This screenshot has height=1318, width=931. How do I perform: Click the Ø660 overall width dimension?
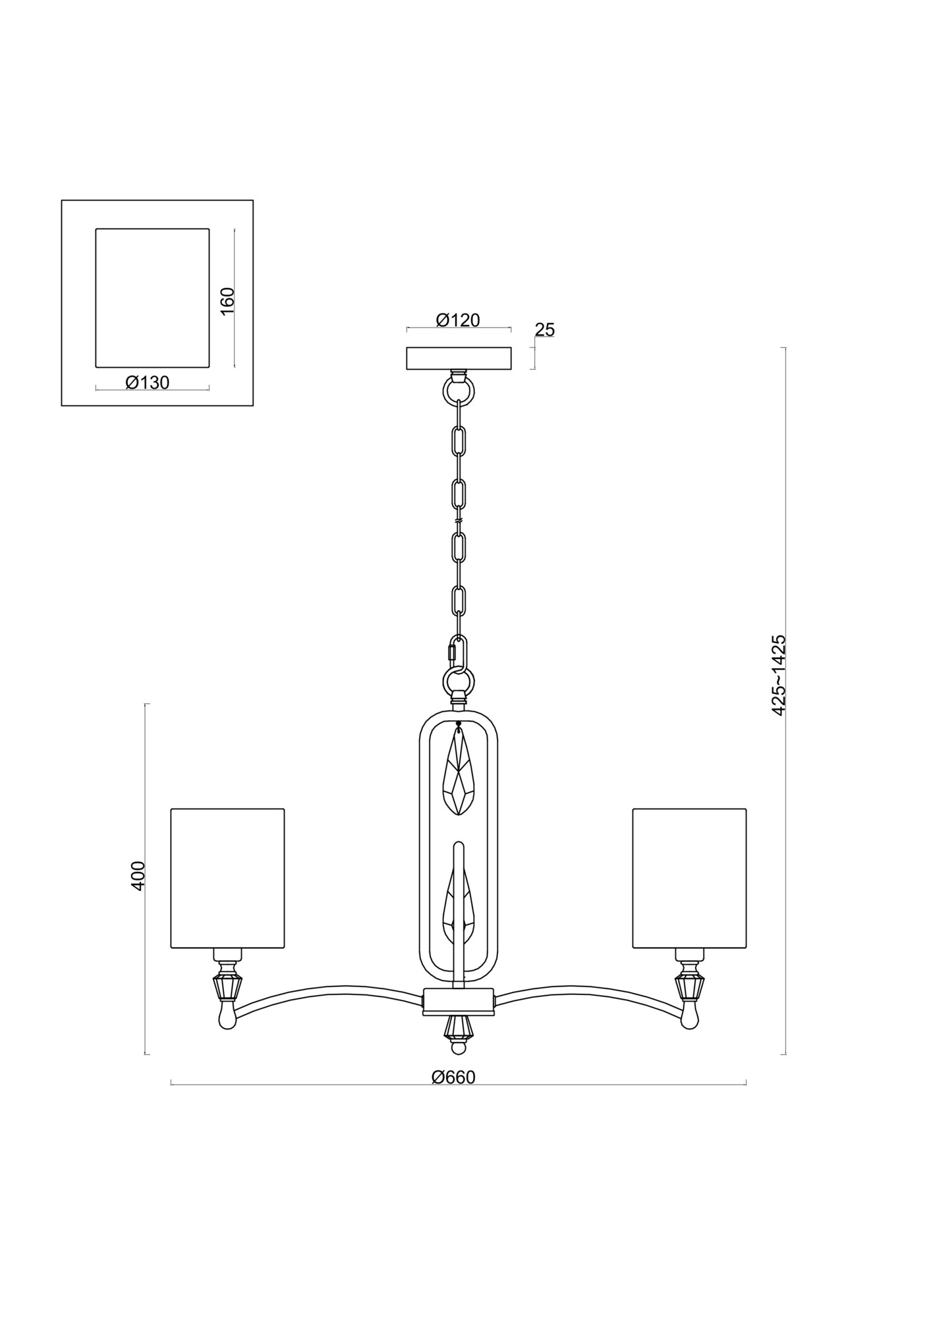pos(453,1076)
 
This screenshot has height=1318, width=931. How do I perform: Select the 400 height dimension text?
pos(138,876)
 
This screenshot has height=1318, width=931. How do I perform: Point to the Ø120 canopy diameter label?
pos(458,320)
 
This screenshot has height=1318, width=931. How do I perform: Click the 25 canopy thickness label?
pos(545,329)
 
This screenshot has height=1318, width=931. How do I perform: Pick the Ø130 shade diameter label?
pos(148,382)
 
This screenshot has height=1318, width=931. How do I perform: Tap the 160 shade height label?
pos(227,301)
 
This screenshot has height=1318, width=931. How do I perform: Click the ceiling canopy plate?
pos(459,358)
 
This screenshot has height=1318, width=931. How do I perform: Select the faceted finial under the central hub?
pos(459,1045)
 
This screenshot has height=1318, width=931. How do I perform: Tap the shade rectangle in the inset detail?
pos(152,297)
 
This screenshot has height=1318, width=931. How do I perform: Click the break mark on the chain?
pos(459,520)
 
